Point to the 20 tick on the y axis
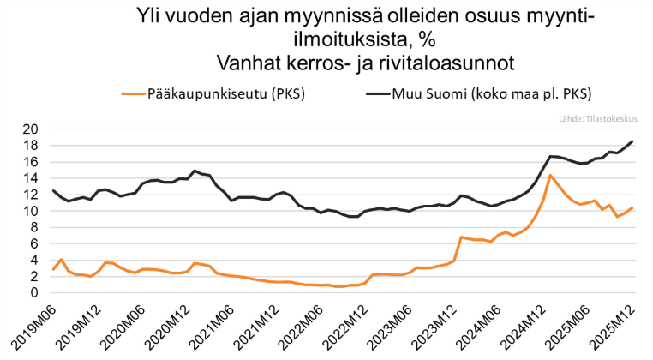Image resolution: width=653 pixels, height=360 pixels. pyautogui.click(x=29, y=129)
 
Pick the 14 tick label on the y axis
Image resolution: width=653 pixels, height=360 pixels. pyautogui.click(x=29, y=178)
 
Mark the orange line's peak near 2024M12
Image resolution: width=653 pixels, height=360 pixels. pyautogui.click(x=550, y=176)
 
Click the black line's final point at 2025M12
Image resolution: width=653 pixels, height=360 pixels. pyautogui.click(x=632, y=141)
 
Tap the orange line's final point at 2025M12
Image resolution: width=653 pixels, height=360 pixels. pyautogui.click(x=632, y=207)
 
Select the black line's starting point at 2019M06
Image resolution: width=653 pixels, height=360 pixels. pyautogui.click(x=53, y=190)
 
